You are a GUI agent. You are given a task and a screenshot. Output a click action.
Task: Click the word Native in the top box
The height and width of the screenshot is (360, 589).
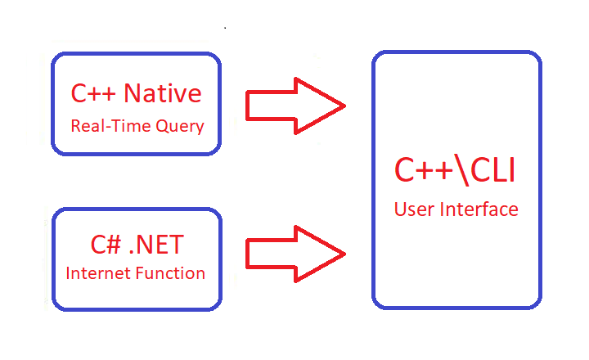pyautogui.click(x=162, y=93)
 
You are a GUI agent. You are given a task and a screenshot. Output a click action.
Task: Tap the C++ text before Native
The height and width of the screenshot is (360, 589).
pyautogui.click(x=93, y=93)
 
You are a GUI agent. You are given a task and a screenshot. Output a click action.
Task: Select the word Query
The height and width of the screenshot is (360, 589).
pyautogui.click(x=180, y=126)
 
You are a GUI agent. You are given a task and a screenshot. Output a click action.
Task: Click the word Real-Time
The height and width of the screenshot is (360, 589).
pyautogui.click(x=110, y=125)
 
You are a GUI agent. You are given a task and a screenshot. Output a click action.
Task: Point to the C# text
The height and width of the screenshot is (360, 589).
pyautogui.click(x=106, y=245)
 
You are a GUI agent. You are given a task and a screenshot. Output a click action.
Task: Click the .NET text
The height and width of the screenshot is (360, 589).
pyautogui.click(x=156, y=245)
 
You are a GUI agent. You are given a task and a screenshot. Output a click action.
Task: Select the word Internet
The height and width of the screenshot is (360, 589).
pyautogui.click(x=98, y=273)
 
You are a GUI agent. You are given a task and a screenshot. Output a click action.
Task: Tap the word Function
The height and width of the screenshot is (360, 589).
pyautogui.click(x=170, y=273)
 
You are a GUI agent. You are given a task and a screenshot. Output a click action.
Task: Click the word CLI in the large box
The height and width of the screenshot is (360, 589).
pyautogui.click(x=492, y=171)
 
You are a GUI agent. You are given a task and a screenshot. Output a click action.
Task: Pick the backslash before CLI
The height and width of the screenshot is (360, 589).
pyautogui.click(x=461, y=170)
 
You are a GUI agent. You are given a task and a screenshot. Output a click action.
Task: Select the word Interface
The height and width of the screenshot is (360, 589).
pyautogui.click(x=479, y=209)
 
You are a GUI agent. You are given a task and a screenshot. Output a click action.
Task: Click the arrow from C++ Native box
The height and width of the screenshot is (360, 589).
pyautogui.click(x=295, y=106)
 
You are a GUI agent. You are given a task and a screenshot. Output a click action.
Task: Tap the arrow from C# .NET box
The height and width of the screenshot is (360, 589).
pyautogui.click(x=295, y=254)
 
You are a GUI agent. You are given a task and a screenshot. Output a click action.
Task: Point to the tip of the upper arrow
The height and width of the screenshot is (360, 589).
pyautogui.click(x=345, y=106)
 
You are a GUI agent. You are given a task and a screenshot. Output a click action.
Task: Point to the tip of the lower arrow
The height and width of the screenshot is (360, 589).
pyautogui.click(x=345, y=254)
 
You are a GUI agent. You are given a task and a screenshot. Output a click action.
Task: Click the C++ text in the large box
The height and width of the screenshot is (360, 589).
pyautogui.click(x=424, y=171)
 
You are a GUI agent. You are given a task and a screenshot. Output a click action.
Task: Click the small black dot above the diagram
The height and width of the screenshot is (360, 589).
pyautogui.click(x=225, y=28)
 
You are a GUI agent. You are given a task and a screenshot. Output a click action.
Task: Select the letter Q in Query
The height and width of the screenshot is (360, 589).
pyautogui.click(x=162, y=125)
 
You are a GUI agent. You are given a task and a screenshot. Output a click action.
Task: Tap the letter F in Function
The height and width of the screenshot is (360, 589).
pyautogui.click(x=140, y=273)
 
